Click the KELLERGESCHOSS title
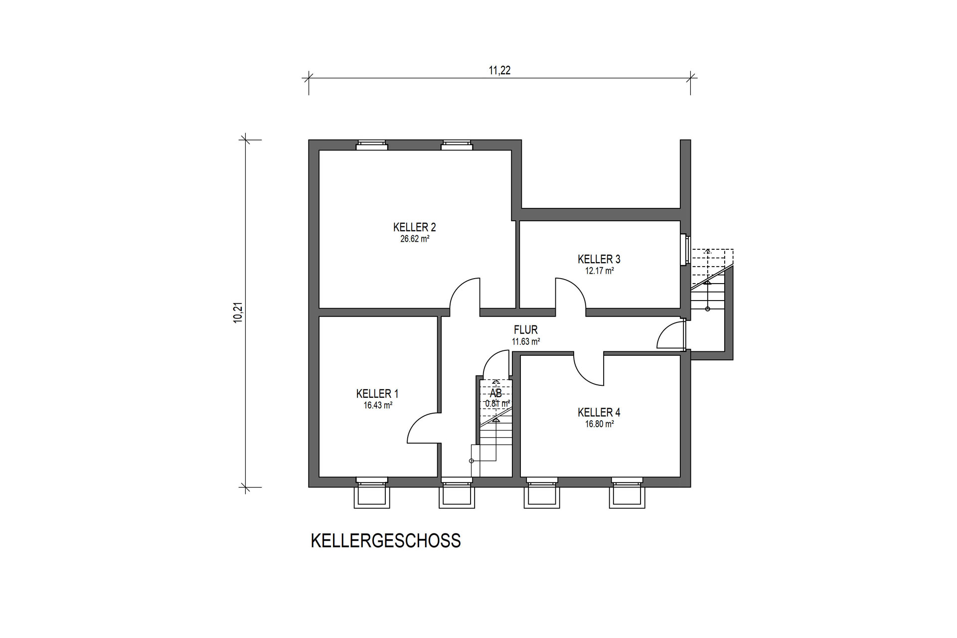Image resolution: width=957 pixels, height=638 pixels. pos(386,541)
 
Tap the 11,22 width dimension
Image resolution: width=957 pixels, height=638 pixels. pos(499,71)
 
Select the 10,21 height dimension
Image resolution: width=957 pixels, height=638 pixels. pos(238,313)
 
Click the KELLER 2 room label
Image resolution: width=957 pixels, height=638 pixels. pos(415,227)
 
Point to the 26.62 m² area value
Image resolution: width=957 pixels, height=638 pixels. pos(415,239)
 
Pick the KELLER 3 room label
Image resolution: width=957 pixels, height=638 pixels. pos(599,259)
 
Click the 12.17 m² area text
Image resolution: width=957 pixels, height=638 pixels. pos(599,271)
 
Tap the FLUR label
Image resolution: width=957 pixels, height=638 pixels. pos(526,330)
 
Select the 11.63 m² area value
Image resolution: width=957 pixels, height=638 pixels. pos(526,342)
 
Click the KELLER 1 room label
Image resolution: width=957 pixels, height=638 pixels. pos(377,394)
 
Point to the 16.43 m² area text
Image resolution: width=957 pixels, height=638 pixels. pos(378,406)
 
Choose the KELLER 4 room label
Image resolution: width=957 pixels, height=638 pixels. pos(599,413)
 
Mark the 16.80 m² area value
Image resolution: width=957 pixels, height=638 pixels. pos(599,425)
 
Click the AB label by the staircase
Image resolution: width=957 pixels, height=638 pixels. pos(496,394)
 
